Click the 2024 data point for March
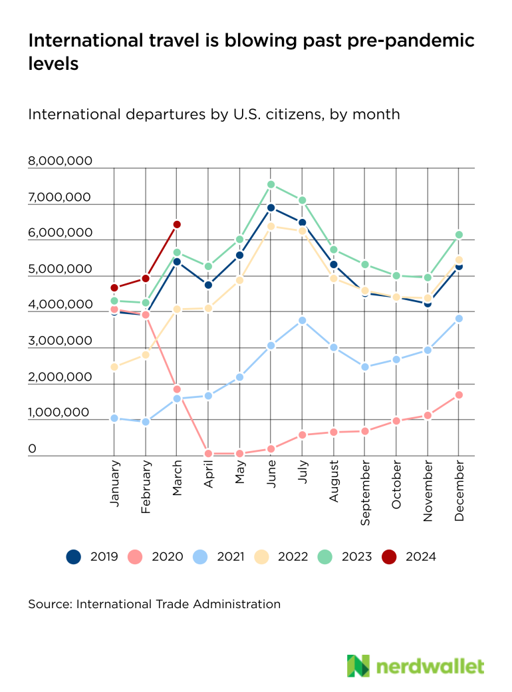[x=177, y=225]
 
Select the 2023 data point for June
[x=271, y=184]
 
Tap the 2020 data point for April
[x=208, y=454]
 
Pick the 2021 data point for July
[x=303, y=320]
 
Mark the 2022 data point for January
[x=114, y=367]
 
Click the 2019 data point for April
[x=208, y=285]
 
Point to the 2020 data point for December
[x=459, y=395]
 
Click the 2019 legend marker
[x=73, y=556]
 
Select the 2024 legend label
[x=420, y=556]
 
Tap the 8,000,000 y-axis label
[x=60, y=162]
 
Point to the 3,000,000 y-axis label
[x=60, y=341]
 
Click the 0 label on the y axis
[x=32, y=450]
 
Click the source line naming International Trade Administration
[x=154, y=604]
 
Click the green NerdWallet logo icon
[x=358, y=665]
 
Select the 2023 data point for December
[x=459, y=234]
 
